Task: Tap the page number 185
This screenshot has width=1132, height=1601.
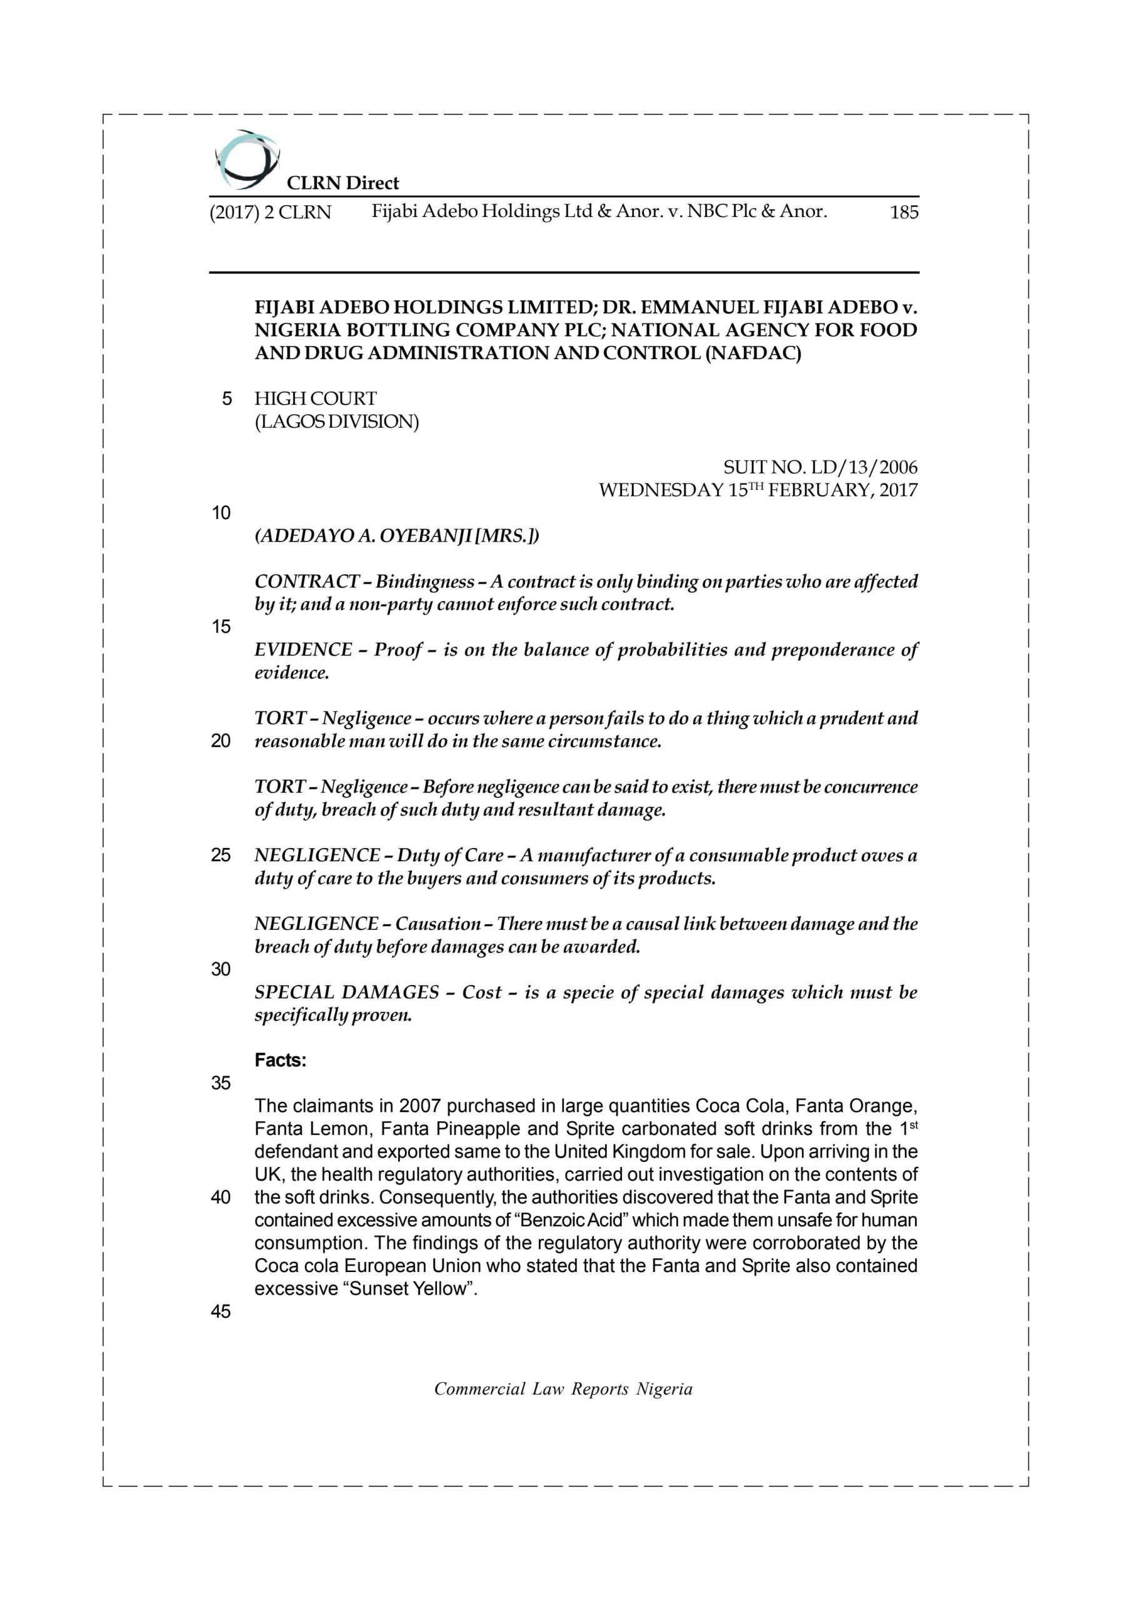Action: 903,212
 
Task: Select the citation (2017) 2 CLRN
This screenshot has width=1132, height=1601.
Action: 271,212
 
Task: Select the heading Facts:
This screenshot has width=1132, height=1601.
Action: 280,1061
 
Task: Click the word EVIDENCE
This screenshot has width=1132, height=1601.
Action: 303,650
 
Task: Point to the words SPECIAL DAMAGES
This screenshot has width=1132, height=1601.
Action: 346,992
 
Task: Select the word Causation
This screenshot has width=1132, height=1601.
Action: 438,924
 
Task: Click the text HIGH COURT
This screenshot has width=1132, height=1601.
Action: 315,399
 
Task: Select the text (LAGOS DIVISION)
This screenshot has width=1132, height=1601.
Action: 337,422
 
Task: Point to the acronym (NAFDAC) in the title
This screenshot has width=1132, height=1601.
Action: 753,353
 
